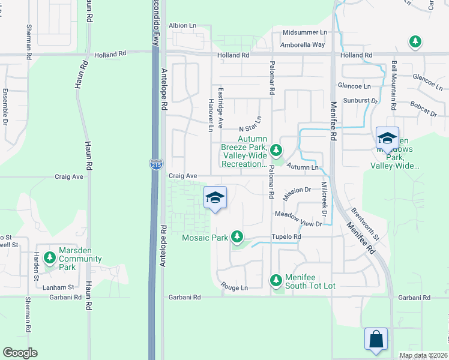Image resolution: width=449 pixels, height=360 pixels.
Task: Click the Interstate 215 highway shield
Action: pos(155,164)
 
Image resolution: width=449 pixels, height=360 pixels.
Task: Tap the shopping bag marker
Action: pos(376,339)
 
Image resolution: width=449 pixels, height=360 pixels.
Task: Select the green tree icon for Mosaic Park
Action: pos(238,237)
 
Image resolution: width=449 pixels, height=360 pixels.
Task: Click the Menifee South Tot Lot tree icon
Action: pos(276,280)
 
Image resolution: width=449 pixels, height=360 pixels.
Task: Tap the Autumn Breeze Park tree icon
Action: pos(276,149)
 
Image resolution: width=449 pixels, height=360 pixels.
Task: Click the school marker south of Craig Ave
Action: pos(215,199)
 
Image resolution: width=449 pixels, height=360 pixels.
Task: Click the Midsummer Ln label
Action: pos(304,32)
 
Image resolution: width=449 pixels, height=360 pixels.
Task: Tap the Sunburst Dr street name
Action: pos(361,101)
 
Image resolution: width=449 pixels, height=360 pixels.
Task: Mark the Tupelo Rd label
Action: pos(285,237)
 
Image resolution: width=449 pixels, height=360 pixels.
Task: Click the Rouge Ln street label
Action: pos(234,287)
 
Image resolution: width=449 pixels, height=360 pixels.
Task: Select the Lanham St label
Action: pos(58,287)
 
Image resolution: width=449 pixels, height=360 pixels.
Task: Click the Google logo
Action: pos(20,353)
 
